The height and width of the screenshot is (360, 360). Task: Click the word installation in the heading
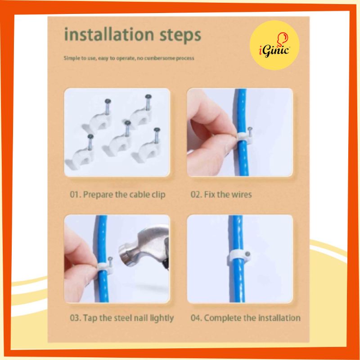[x=109, y=35]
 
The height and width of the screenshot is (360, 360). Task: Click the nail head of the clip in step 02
[x=250, y=129]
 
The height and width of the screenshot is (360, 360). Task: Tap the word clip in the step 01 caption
[x=158, y=195]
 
